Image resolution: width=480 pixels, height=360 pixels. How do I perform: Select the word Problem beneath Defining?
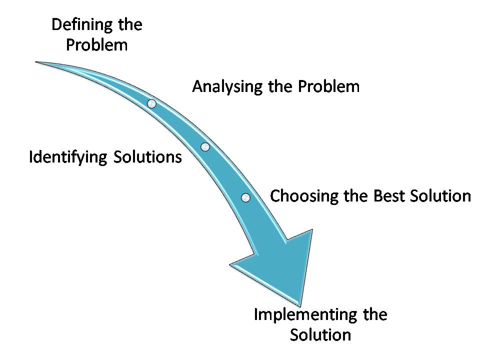97,45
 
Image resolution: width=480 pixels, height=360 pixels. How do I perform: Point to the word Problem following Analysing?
329,86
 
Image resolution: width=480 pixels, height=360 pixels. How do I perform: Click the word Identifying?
68,157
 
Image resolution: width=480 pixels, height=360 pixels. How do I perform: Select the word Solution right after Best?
440,195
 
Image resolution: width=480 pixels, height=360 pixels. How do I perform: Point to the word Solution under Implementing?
320,334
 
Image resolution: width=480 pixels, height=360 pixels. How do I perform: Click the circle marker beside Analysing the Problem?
152,103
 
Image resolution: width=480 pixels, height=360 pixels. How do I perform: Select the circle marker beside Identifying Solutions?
205,146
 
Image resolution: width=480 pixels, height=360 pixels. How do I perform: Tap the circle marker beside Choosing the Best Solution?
245,197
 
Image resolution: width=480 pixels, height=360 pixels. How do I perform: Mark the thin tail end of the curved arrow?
37,62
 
